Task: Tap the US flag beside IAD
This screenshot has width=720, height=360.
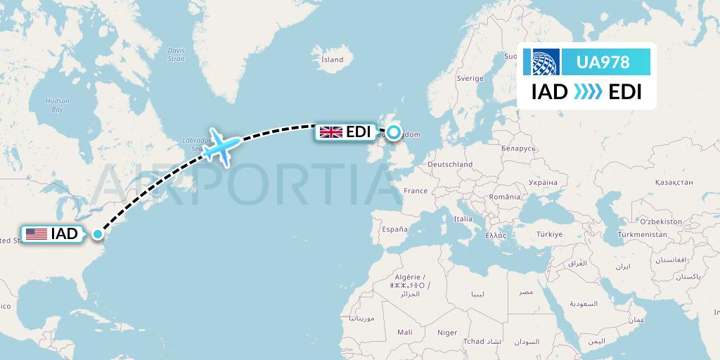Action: coord(35,235)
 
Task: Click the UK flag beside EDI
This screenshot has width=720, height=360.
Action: coord(330,132)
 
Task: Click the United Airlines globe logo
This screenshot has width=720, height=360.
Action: coord(546,62)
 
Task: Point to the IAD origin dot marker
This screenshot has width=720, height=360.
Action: coord(97,235)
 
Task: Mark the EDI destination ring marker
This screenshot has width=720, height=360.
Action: coord(393,131)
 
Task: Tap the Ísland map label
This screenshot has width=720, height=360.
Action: coord(332,60)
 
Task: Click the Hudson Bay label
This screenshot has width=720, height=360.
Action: coord(57,105)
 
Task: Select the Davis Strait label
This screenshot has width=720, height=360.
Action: coord(176,54)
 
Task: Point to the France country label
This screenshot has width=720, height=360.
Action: coord(416,191)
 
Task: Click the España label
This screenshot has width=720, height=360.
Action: coord(394,229)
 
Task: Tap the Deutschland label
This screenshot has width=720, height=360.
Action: coord(450,164)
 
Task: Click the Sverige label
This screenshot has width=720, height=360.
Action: coord(470,79)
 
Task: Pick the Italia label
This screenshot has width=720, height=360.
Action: coord(463,219)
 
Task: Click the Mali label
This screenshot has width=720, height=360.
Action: coord(404,332)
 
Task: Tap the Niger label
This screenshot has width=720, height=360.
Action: coord(447,333)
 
